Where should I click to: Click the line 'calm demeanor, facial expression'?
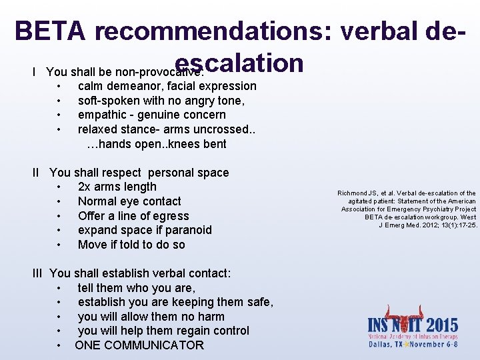(167, 86)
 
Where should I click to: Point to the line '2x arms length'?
(117, 187)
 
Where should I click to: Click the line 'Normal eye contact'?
(129, 201)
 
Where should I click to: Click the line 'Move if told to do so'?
(131, 245)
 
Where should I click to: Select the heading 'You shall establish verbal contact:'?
(140, 273)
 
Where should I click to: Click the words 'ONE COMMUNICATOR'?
(139, 345)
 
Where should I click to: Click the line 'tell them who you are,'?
(136, 288)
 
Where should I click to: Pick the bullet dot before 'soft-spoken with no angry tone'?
(60, 101)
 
